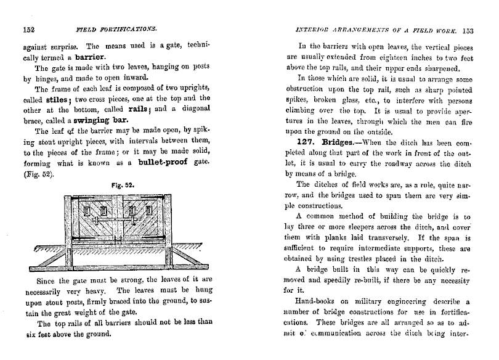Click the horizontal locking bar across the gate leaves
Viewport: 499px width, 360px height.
pos(116,217)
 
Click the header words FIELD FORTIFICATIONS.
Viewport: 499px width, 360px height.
pos(116,28)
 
